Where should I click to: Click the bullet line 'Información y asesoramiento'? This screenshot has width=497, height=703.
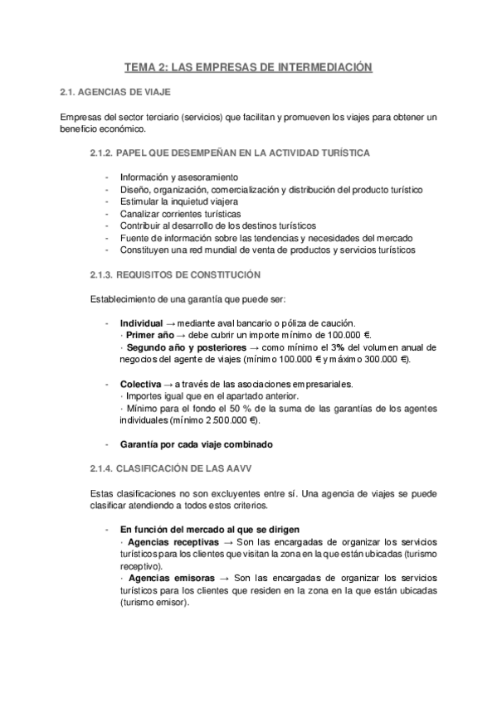coord(178,177)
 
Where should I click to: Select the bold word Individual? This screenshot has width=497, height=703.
coord(141,322)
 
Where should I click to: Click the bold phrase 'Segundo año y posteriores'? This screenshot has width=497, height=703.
coord(175,347)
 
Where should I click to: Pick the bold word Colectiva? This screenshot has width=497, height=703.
coord(140,384)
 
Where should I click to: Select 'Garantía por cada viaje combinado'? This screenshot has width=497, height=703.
coord(196,444)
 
